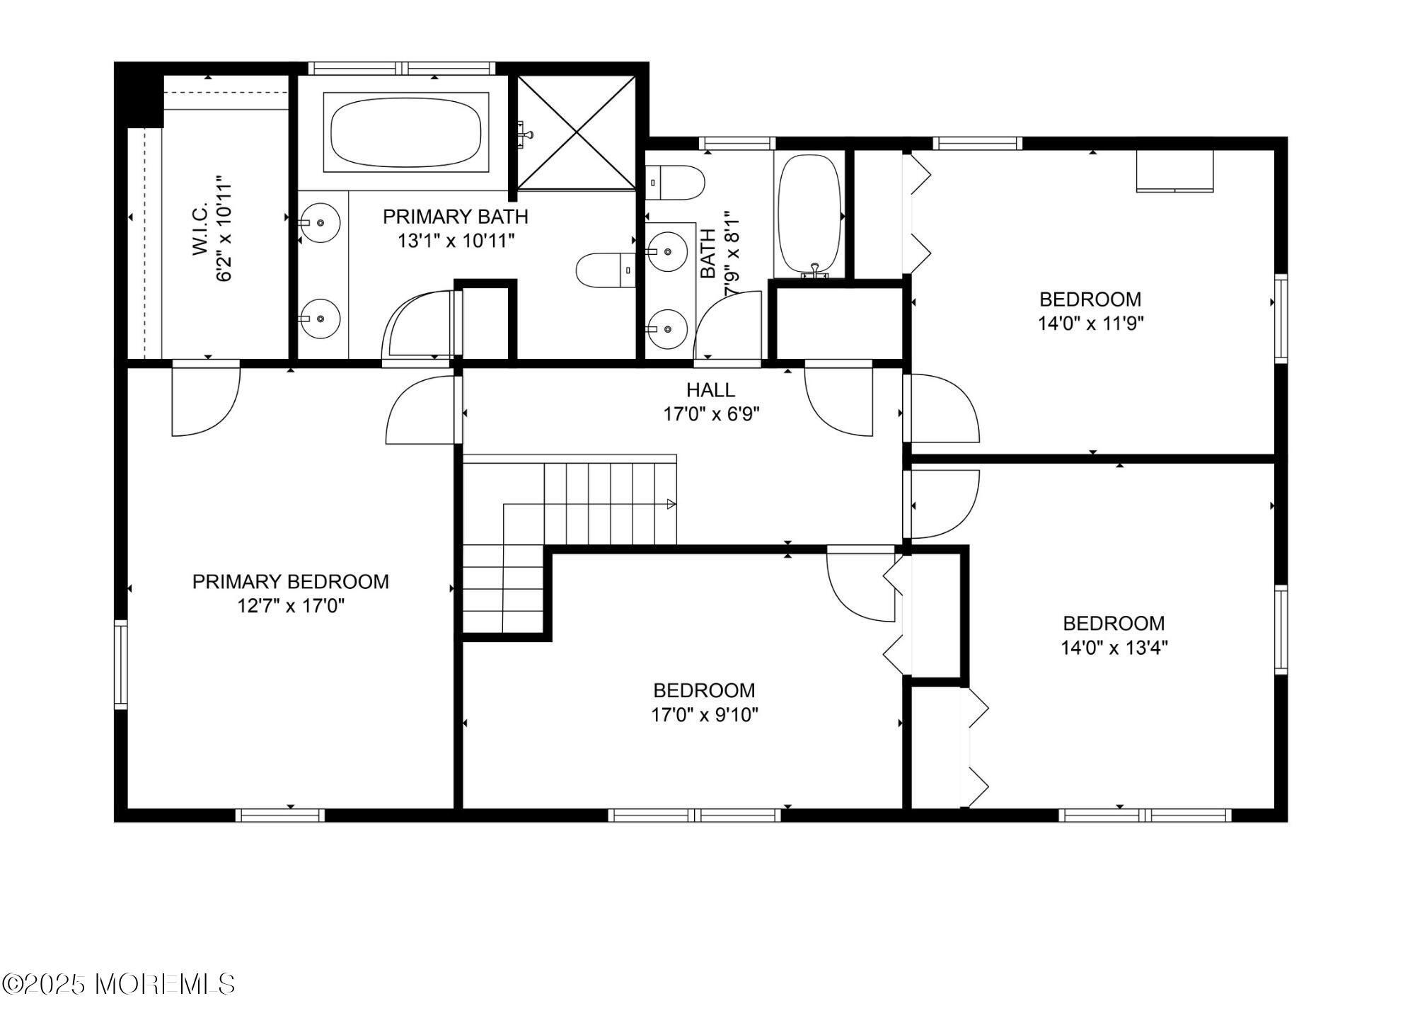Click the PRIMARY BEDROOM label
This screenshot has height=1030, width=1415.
(x=291, y=582)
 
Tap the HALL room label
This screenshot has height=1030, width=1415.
(x=710, y=390)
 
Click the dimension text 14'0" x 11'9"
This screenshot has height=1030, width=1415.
(x=1090, y=324)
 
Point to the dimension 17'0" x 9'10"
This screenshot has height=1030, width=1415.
(x=705, y=715)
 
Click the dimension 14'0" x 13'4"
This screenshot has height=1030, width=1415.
(x=1114, y=648)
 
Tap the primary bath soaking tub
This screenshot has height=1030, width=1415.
(x=406, y=132)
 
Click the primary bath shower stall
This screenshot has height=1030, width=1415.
(x=577, y=132)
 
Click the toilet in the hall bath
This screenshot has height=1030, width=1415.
(x=676, y=183)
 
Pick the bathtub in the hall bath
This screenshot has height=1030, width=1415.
(x=809, y=215)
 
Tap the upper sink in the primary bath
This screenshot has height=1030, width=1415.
(x=319, y=222)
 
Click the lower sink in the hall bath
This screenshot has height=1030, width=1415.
(x=667, y=329)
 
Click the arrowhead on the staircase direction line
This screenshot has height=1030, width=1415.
(x=671, y=504)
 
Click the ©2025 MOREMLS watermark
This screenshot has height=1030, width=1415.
(x=118, y=984)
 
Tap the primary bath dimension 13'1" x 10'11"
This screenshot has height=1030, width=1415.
(x=456, y=241)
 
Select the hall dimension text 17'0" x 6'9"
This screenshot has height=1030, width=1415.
(x=711, y=414)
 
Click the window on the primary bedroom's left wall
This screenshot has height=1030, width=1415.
(x=121, y=665)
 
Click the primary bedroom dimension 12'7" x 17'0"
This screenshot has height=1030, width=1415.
(x=291, y=606)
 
